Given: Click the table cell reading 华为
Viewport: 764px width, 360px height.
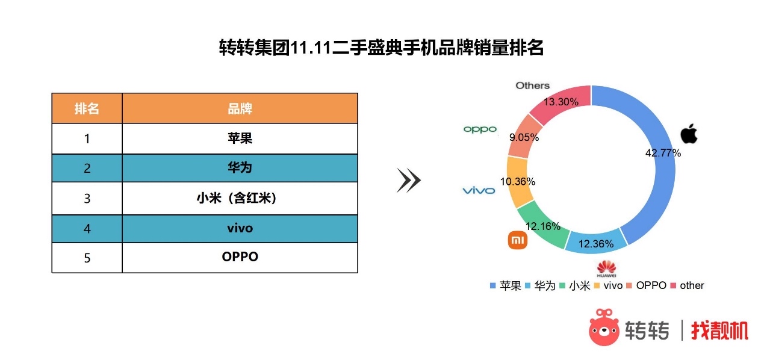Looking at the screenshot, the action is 240,168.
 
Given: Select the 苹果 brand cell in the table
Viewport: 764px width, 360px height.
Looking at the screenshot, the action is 240,138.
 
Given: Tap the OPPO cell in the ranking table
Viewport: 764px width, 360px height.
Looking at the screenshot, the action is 240,258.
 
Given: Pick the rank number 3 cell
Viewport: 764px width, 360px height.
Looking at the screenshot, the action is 87,198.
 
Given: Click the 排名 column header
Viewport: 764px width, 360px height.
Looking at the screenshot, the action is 87,108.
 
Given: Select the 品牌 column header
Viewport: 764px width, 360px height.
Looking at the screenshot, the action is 240,108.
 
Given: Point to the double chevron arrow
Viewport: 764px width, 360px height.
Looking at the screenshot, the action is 409,180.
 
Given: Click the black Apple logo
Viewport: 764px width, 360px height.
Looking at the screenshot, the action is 689,134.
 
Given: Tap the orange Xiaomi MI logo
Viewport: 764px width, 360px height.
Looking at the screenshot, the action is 517,240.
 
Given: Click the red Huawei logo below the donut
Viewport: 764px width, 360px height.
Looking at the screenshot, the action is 606,268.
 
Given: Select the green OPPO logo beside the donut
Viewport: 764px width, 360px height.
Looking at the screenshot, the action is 480,129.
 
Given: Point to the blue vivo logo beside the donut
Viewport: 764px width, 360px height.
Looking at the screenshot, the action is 479,191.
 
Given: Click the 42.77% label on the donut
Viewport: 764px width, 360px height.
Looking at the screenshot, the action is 663,153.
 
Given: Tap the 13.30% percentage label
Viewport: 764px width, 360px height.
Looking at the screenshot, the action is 561,102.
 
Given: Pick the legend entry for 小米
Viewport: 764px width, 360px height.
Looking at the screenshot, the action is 575,286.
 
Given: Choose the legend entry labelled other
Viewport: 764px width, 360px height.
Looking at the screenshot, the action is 688,285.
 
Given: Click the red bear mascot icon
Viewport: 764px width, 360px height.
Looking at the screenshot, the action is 604,327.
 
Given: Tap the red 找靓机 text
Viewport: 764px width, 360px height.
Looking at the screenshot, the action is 719,330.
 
